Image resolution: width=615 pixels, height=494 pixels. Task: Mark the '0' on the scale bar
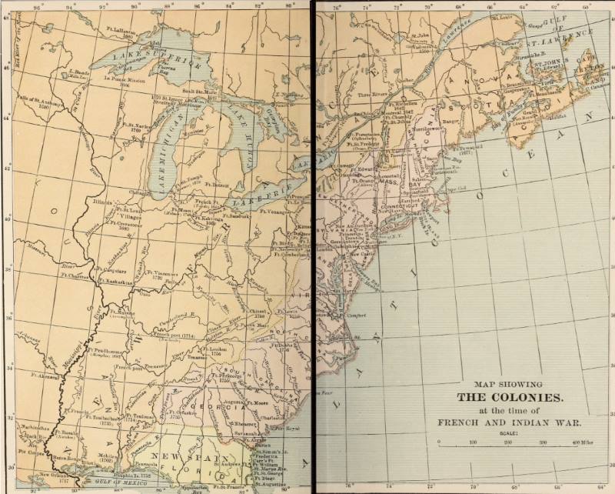click(438, 443)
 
